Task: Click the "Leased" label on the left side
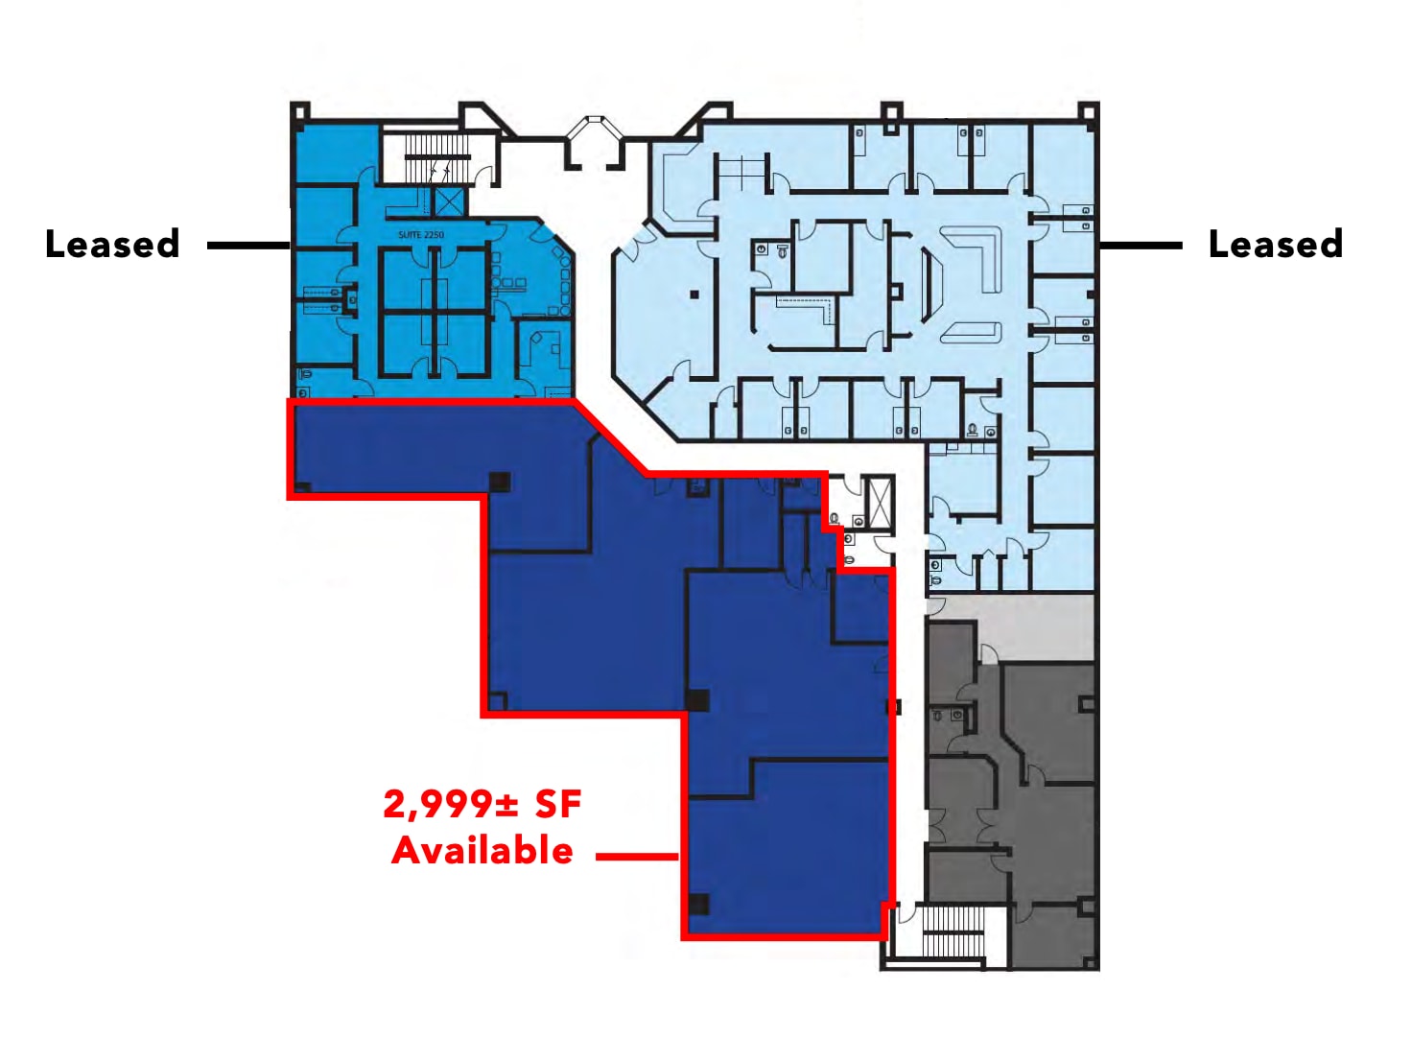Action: [112, 245]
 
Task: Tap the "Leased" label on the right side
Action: [1277, 245]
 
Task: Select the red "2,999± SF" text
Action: [482, 805]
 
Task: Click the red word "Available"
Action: [482, 850]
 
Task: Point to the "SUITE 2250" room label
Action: [421, 235]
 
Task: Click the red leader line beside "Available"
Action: [638, 857]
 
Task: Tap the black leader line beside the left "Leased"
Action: [249, 245]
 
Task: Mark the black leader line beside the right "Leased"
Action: [1141, 245]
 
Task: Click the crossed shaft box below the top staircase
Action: [449, 201]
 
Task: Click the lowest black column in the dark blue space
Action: [698, 904]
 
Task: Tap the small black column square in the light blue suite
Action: [694, 295]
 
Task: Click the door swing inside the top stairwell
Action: [484, 174]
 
